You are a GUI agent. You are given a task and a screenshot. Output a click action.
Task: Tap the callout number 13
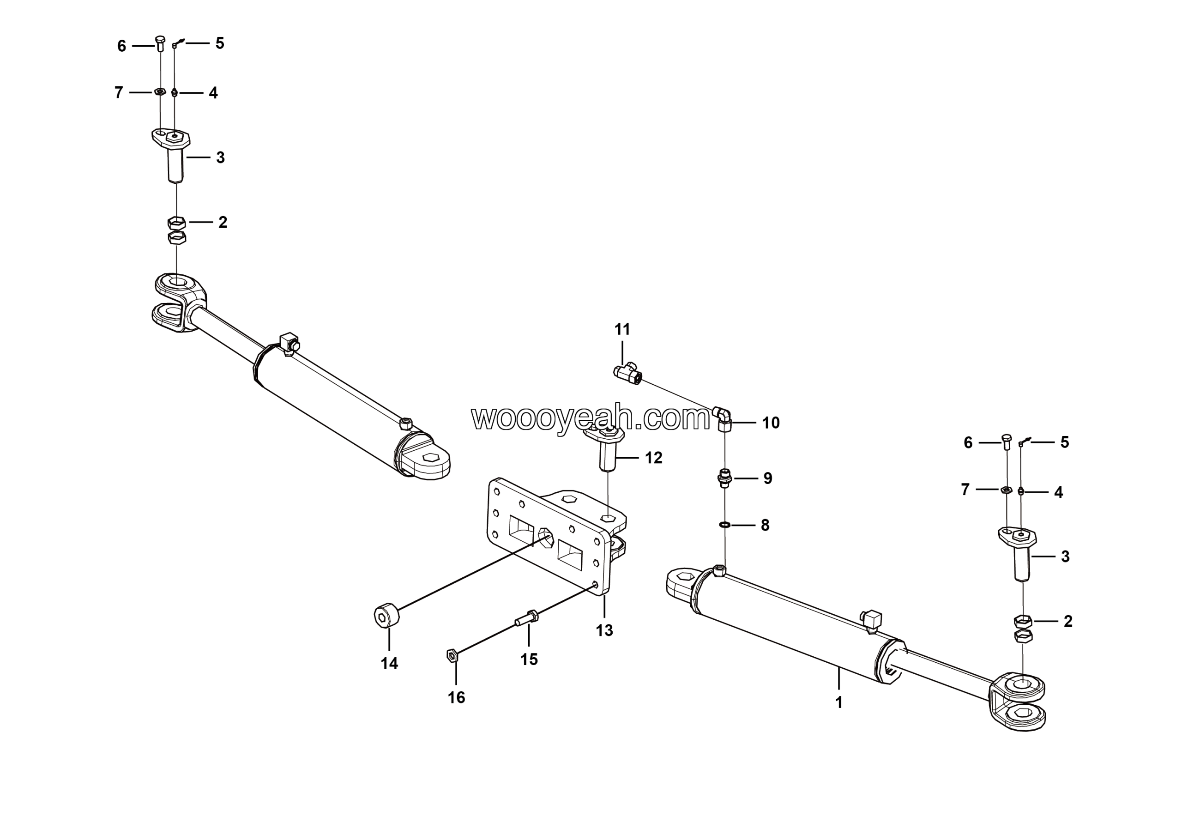(604, 630)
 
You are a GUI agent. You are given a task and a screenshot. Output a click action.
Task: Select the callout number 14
(389, 664)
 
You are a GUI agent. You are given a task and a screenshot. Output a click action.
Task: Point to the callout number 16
(456, 697)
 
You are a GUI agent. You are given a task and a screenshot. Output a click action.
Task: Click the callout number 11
(622, 329)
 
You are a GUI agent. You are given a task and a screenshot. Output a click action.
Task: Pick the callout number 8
(765, 525)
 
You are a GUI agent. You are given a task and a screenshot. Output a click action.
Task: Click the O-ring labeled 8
(724, 525)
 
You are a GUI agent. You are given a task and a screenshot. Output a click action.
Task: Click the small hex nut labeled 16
(452, 655)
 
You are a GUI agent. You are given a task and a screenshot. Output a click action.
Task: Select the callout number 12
(653, 458)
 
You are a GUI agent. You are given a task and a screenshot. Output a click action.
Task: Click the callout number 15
(529, 660)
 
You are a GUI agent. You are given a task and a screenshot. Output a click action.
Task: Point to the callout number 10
(771, 423)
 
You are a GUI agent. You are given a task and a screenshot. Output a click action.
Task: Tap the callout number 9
(767, 478)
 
